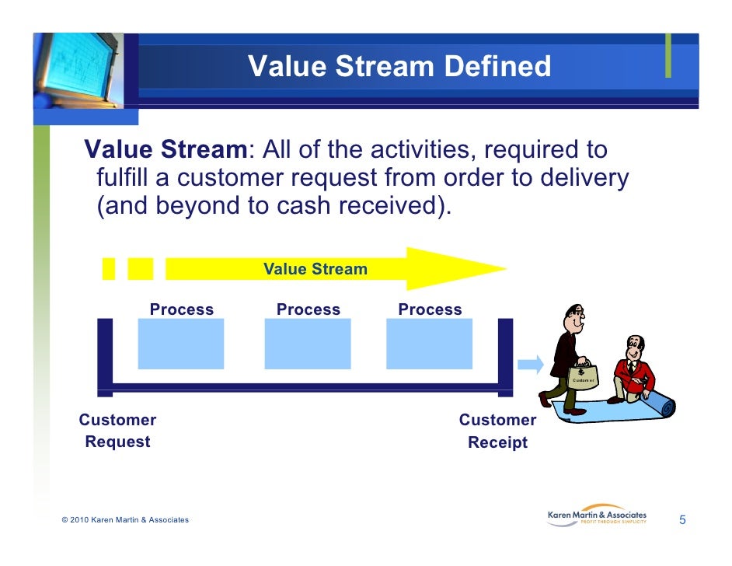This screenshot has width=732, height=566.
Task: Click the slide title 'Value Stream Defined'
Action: (x=399, y=66)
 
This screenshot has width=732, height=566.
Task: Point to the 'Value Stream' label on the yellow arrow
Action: (x=315, y=270)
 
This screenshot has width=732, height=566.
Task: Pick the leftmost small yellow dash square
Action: (x=109, y=268)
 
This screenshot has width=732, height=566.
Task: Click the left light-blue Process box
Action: (x=181, y=344)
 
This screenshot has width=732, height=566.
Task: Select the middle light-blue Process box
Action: (x=308, y=344)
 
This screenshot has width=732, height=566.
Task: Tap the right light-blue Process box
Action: (x=429, y=344)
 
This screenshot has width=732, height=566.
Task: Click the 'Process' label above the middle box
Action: (x=308, y=309)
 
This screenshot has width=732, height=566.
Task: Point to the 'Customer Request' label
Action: (x=117, y=431)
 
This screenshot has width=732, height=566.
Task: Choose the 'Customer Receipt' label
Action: (x=497, y=431)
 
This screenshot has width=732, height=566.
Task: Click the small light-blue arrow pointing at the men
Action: (x=531, y=363)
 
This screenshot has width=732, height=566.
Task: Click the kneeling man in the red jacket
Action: (x=633, y=369)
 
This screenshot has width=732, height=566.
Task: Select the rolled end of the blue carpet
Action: (x=662, y=405)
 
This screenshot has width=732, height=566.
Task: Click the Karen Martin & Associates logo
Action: (x=597, y=517)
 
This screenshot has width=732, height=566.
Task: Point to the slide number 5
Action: (x=682, y=519)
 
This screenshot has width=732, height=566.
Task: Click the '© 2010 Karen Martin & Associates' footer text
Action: (x=124, y=520)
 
